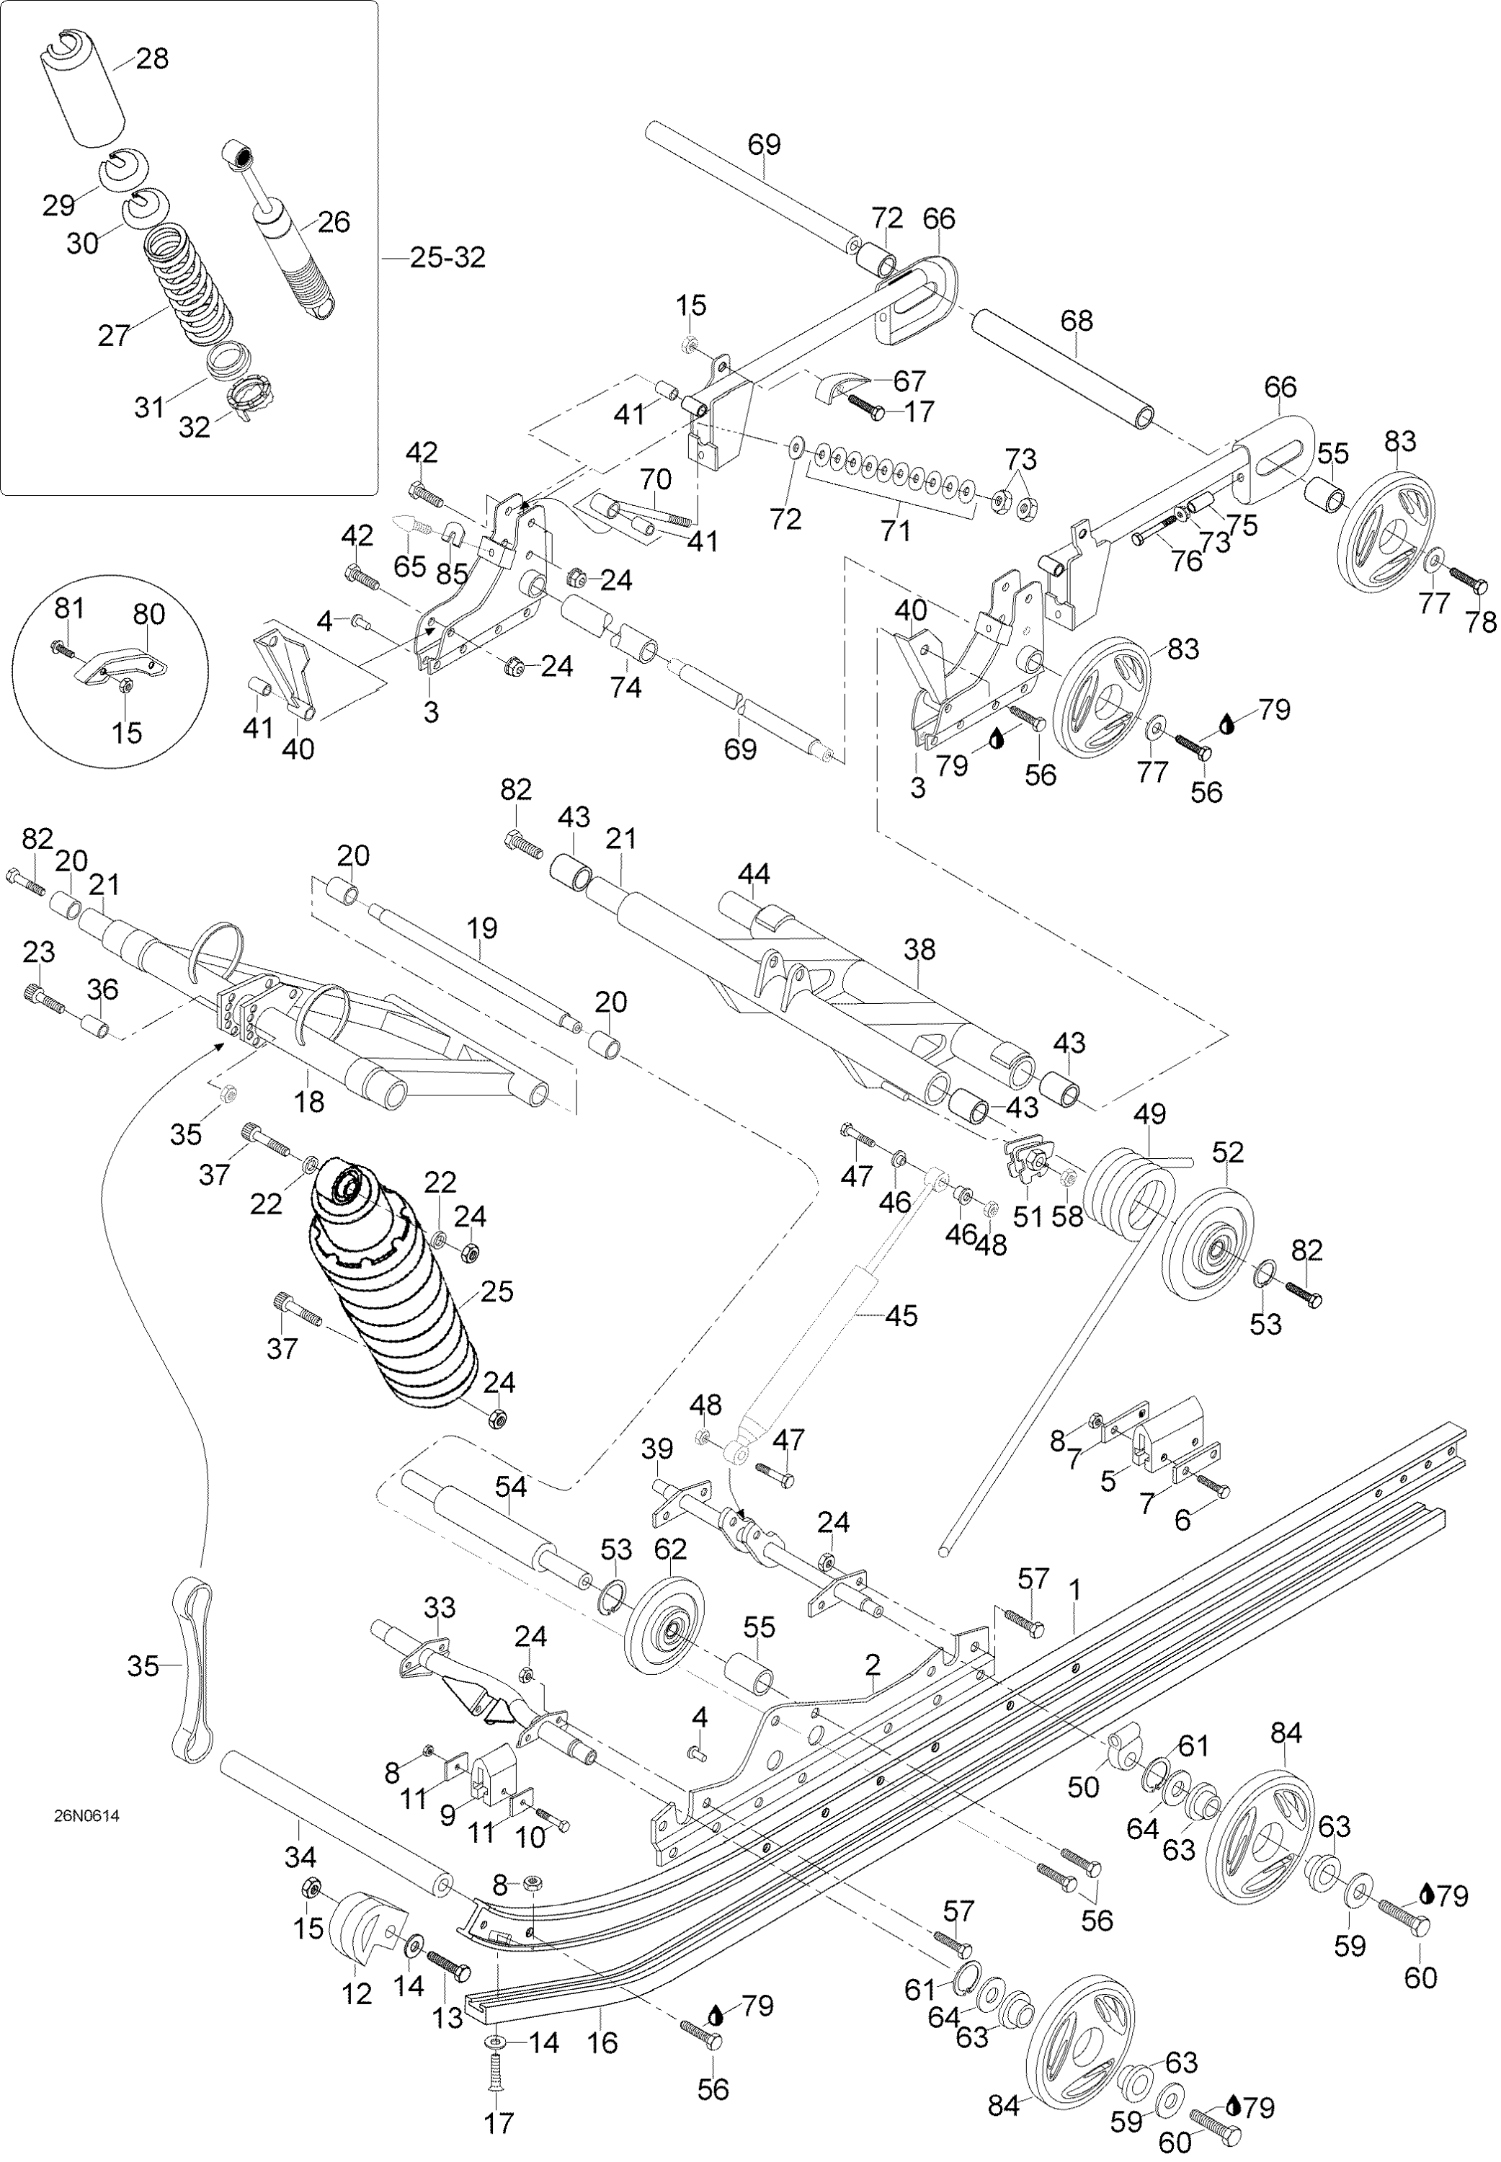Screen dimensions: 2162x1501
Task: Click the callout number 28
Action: pos(152,59)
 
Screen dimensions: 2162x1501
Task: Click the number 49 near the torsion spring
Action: pos(1149,1114)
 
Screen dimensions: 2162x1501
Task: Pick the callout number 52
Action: pos(1227,1153)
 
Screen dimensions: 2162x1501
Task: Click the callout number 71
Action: pos(895,531)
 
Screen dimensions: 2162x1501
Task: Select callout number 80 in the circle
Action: pos(148,615)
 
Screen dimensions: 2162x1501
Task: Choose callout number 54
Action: pos(511,1487)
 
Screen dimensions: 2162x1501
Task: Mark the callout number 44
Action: pos(753,875)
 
